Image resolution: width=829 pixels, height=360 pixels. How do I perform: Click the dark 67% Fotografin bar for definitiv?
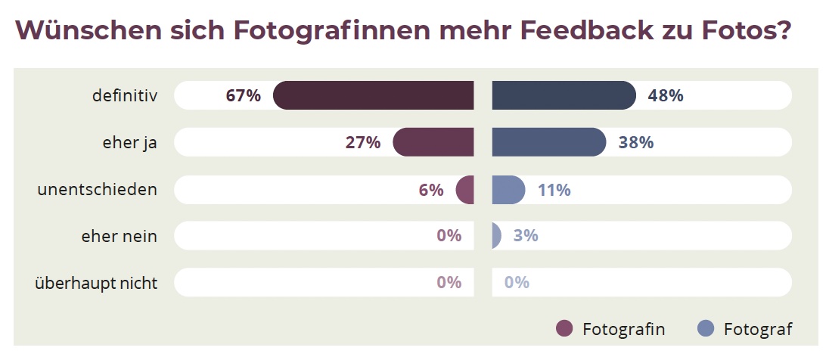pos(374,95)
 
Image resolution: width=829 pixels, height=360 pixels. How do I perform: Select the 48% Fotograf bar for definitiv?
pos(564,95)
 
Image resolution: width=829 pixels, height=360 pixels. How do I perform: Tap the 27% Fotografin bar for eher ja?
pos(433,142)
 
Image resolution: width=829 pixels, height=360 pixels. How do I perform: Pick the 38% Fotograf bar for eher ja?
pos(548,142)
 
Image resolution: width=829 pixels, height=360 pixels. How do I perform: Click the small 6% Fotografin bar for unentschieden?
pos(466,189)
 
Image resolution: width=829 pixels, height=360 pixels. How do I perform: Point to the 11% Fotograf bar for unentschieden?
pos(508,189)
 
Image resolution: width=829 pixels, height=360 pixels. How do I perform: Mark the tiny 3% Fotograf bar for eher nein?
pos(496,235)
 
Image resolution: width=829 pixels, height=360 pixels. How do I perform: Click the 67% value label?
pos(243,96)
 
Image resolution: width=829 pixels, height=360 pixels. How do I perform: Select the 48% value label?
pos(666,96)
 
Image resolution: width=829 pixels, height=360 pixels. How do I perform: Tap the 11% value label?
pos(554,190)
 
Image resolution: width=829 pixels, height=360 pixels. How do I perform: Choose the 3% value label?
pos(525,236)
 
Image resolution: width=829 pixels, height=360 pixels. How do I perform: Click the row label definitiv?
pos(124,96)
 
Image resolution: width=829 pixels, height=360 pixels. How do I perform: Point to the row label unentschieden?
pos(98,189)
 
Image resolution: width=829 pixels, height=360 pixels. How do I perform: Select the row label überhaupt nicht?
pos(96,283)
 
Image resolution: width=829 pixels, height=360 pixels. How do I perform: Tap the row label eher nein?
pos(119,236)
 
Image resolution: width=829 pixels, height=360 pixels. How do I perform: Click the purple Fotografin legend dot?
pos(564,328)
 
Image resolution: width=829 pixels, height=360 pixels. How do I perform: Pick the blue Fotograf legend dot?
pos(705,328)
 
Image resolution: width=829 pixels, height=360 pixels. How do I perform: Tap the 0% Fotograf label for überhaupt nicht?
pos(517,283)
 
